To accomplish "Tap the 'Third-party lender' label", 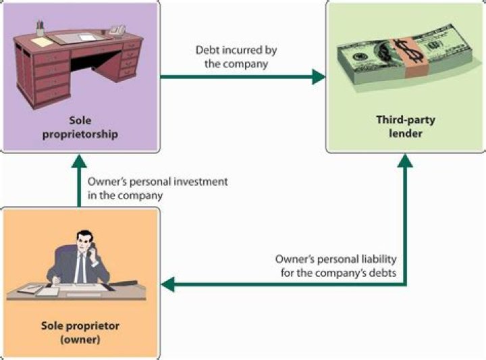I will coord(405,127).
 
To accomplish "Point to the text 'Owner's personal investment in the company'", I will coord(157,188).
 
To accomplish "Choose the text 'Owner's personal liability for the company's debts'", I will coord(335,265).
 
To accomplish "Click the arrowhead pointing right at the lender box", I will coord(318,76).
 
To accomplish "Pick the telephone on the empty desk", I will coord(117,30).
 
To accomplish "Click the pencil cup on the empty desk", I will coord(40,28).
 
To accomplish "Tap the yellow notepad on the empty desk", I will coord(43,42).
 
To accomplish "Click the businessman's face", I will coord(82,242).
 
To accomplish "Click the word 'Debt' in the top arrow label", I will coord(207,50).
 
